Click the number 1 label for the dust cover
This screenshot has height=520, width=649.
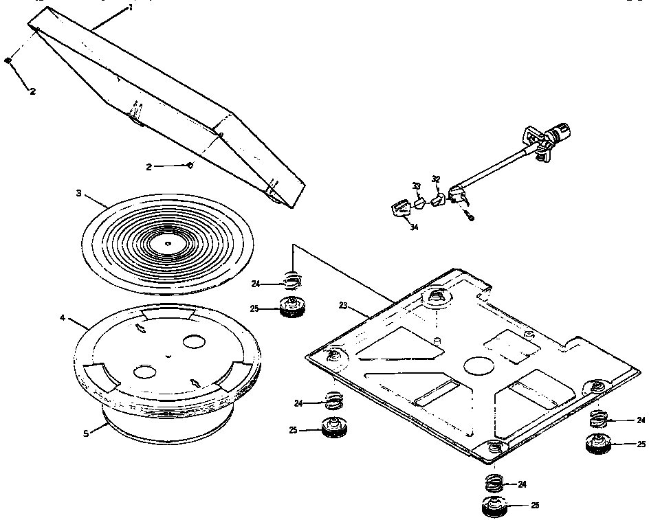pyautogui.click(x=130, y=8)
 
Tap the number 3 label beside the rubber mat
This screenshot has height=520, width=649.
pyautogui.click(x=78, y=193)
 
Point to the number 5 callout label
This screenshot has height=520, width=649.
pyautogui.click(x=86, y=434)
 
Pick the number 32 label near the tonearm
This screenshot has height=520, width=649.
pyautogui.click(x=435, y=179)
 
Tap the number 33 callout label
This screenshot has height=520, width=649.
pyautogui.click(x=416, y=186)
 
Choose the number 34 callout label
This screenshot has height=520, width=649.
pyautogui.click(x=414, y=227)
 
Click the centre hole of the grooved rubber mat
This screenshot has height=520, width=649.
pyautogui.click(x=167, y=242)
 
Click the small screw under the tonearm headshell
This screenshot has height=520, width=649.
pyautogui.click(x=470, y=216)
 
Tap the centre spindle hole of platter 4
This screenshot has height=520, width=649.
pyautogui.click(x=168, y=356)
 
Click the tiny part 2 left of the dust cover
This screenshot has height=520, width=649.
pyautogui.click(x=8, y=61)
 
